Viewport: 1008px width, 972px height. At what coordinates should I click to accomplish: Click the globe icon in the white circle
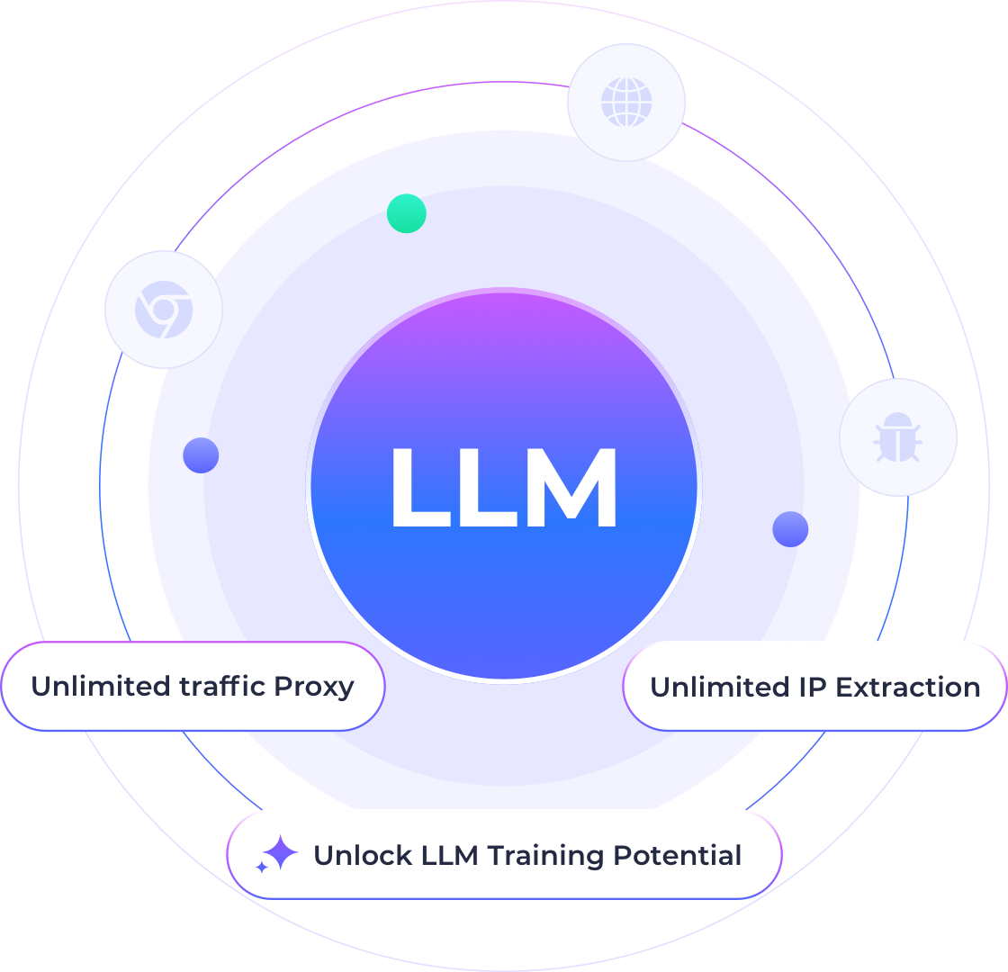point(626,102)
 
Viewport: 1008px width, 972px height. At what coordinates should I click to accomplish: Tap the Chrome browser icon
point(163,309)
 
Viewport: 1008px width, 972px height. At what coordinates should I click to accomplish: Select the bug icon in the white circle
point(897,437)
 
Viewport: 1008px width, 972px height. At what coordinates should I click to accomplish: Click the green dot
point(406,213)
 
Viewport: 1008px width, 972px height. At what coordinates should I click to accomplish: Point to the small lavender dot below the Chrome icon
point(201,455)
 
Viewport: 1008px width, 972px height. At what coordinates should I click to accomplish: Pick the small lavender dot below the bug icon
point(790,529)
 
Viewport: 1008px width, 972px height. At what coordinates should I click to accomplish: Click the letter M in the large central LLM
point(569,488)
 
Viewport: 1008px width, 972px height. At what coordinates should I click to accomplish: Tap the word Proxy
point(314,687)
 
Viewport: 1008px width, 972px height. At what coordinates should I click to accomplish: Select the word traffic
point(220,687)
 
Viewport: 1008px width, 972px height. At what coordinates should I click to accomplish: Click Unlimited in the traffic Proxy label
point(100,687)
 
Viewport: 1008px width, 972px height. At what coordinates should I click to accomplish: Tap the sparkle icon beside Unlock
point(276,854)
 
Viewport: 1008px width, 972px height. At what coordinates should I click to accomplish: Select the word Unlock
point(363,855)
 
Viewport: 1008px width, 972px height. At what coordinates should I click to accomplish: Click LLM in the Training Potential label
point(450,855)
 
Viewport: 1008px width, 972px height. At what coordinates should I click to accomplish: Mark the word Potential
point(677,855)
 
